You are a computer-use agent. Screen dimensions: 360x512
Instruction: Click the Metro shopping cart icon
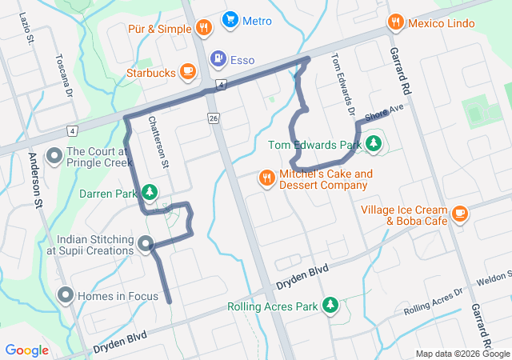point(230,19)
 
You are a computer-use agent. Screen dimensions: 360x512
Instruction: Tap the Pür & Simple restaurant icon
point(205,29)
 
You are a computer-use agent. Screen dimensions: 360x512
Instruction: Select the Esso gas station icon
point(218,59)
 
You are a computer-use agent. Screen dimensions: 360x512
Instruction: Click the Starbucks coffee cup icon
point(188,72)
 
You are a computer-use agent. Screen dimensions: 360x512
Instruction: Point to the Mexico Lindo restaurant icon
point(395,22)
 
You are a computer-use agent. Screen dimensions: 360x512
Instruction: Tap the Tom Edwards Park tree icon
point(373,145)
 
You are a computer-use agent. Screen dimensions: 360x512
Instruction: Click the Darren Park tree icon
point(149,193)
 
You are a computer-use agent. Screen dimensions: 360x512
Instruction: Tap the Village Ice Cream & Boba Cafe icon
point(459,213)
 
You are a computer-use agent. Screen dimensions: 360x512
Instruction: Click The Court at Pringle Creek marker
point(54,155)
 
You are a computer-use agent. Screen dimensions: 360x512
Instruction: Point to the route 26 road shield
point(213,118)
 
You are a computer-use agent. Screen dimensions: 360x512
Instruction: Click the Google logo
point(27,350)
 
